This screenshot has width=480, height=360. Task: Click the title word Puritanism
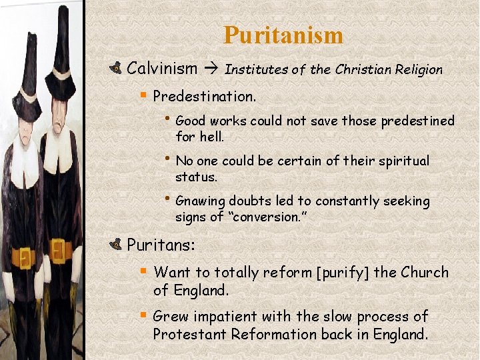(x=283, y=35)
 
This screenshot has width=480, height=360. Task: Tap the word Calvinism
(x=162, y=68)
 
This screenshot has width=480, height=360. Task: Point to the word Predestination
(x=204, y=96)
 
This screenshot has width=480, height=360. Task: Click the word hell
(x=212, y=137)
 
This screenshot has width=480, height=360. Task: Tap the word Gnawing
(x=200, y=201)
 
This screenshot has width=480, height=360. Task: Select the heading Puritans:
(x=161, y=245)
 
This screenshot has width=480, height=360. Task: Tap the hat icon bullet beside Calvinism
(x=115, y=68)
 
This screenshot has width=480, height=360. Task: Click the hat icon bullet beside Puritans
(x=115, y=245)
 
